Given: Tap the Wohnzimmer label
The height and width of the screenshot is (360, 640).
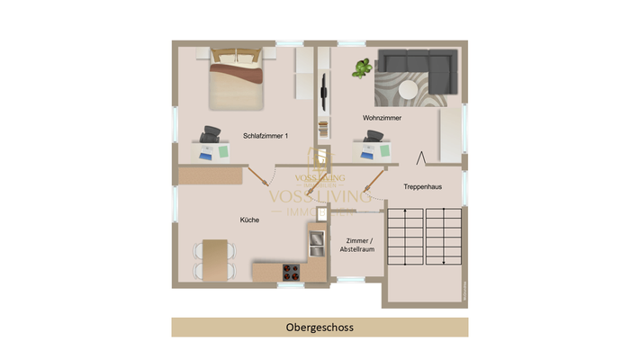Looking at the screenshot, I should point(382,118).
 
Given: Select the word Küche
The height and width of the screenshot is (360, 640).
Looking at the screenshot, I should point(249,220).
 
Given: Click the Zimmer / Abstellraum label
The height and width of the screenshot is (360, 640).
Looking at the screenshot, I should point(358,246).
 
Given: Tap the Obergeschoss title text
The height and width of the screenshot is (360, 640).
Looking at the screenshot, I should point(319,328).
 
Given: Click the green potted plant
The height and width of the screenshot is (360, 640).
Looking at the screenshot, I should point(362,67).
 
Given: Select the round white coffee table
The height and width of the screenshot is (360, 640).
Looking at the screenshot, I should point(408,89).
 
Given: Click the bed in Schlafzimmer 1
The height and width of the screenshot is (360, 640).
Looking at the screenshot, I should point(237,80).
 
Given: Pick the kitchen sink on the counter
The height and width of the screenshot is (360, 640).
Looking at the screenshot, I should point(317,242).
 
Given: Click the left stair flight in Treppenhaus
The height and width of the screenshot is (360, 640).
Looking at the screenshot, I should point(405,237).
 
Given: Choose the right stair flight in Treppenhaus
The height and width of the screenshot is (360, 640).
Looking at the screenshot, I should point(444,237).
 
